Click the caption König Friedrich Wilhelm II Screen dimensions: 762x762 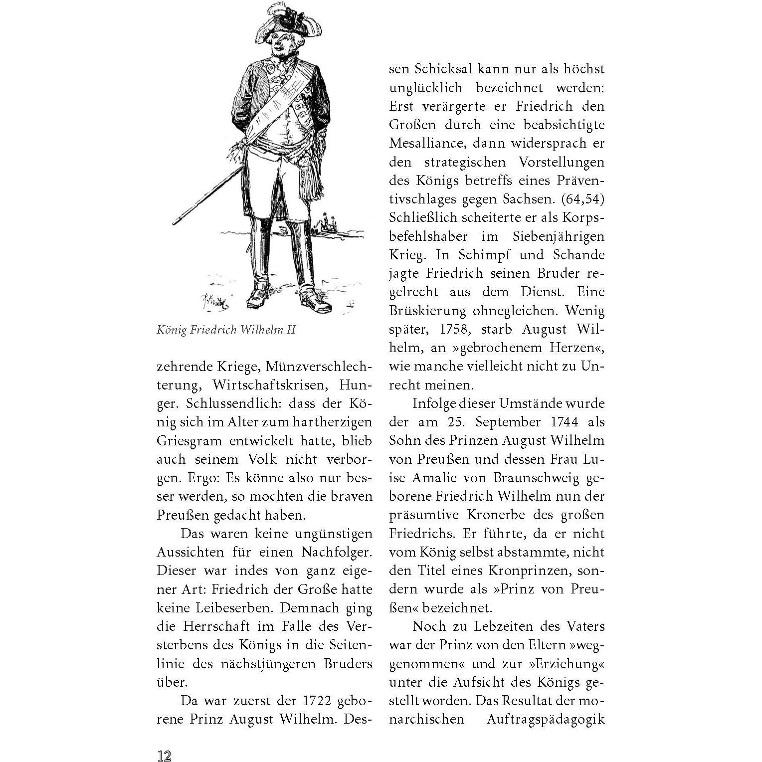[226, 330]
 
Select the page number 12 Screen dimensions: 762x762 [165, 755]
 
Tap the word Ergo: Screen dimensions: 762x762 [204, 478]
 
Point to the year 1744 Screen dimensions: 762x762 [565, 422]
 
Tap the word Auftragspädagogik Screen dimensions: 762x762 [546, 719]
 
